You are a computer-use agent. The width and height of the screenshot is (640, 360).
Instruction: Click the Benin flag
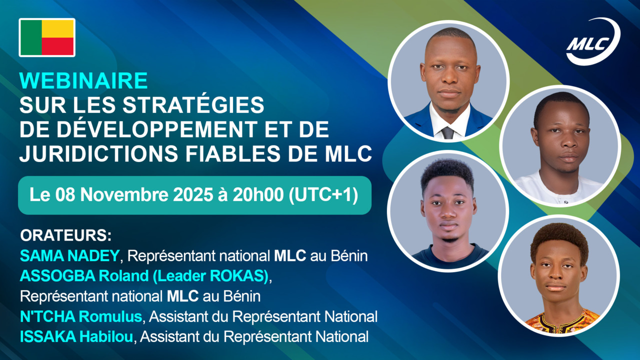(47, 37)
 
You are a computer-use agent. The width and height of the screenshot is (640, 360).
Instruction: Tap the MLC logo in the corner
(593, 41)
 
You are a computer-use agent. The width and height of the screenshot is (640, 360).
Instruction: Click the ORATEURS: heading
(65, 235)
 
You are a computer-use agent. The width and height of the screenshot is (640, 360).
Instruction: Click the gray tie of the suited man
(447, 132)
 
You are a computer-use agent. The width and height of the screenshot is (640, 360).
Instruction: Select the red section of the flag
(58, 46)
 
